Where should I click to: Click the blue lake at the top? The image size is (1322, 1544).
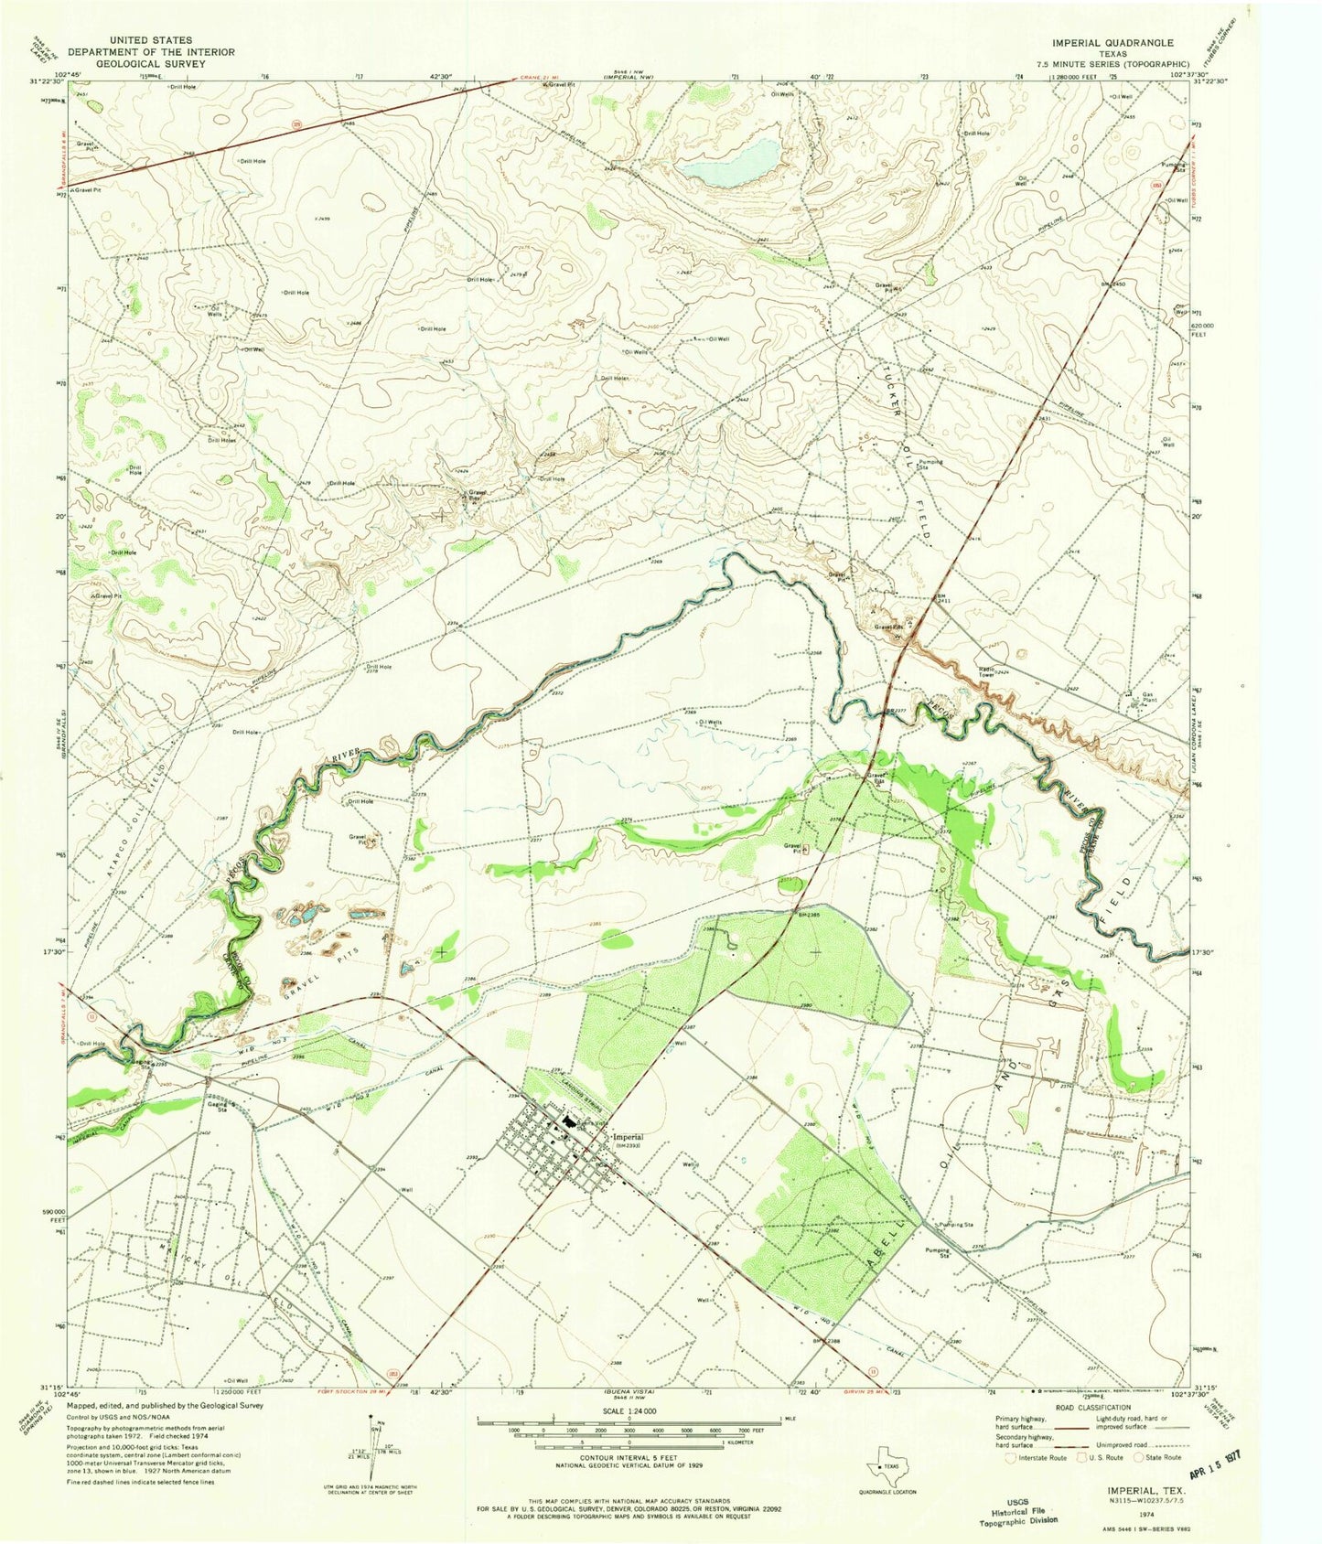coord(732,163)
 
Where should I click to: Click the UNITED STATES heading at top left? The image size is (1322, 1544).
coord(149,40)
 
